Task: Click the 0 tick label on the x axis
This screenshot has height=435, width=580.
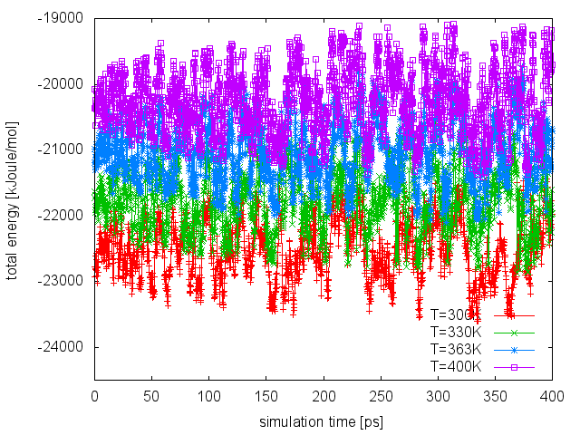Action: [x=94, y=397]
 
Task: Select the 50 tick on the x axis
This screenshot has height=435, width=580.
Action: [x=151, y=397]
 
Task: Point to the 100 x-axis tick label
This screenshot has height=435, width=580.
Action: [x=208, y=397]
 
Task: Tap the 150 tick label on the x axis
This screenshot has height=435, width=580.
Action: [x=266, y=397]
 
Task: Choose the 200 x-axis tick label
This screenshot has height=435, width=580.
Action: [x=324, y=397]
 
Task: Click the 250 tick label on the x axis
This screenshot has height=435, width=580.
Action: [x=381, y=397]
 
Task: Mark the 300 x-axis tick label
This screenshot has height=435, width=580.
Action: [x=438, y=397]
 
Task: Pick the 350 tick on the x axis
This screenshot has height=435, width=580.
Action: [x=496, y=397]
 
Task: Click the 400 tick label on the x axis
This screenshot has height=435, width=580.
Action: [x=553, y=397]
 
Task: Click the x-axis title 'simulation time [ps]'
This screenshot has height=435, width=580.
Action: [x=323, y=422]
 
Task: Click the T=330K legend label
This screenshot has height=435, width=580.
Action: [x=457, y=333]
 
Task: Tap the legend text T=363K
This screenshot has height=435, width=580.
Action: [x=457, y=349]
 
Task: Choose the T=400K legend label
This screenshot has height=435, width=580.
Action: [x=457, y=366]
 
